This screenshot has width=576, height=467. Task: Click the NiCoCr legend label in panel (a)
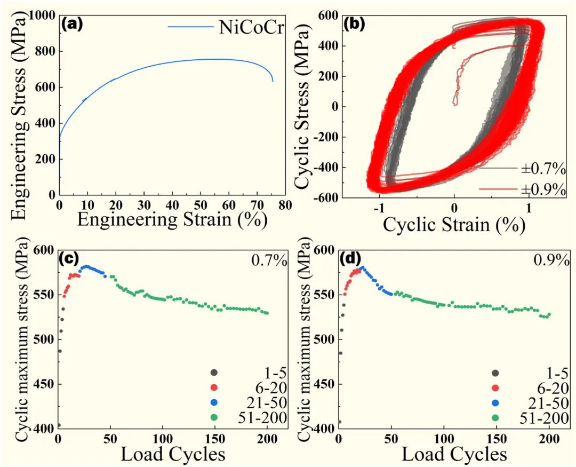pos(251,27)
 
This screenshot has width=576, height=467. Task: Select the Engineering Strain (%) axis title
pos(172,219)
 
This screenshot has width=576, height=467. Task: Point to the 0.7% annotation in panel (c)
pos(269,261)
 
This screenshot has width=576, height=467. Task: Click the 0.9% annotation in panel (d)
pos(549,261)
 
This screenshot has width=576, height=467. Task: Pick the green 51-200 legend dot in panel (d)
pos(495,418)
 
